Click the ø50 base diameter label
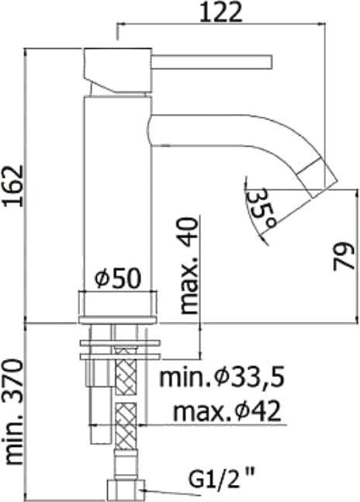click(x=119, y=278)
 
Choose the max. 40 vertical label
click(x=189, y=265)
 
